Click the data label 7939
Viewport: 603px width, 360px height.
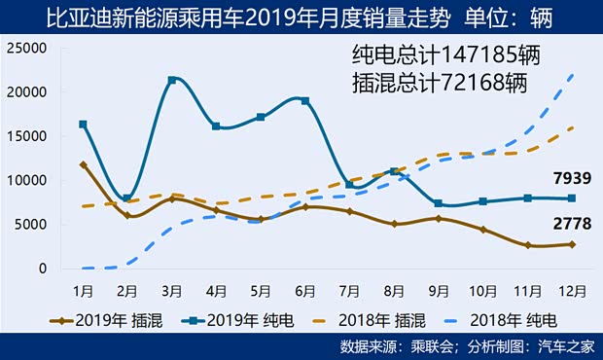[571, 177]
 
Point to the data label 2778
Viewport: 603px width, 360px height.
[571, 225]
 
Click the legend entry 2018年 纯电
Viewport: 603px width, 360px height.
[525, 318]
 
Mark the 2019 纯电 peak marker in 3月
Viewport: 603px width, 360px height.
[172, 80]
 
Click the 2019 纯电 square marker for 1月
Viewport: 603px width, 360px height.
[84, 125]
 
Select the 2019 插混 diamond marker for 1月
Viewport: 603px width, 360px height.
[84, 164]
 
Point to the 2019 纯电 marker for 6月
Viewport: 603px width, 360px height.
[305, 100]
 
